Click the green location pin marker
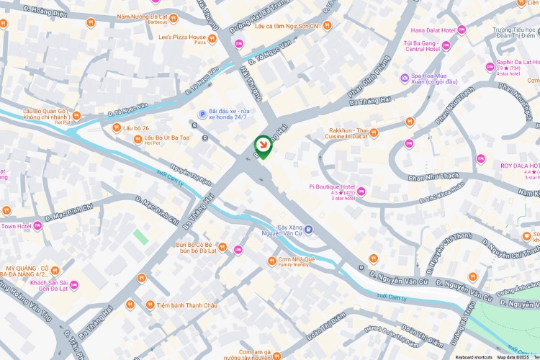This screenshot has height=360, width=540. (264, 147)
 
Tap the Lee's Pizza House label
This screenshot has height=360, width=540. (182, 37)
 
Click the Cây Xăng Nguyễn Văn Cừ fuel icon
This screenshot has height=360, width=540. (309, 230)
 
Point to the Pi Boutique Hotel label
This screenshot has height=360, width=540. (332, 186)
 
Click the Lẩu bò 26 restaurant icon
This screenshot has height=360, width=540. (117, 128)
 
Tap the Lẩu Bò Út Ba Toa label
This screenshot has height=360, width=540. (166, 138)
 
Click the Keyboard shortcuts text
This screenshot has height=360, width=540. (473, 356)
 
